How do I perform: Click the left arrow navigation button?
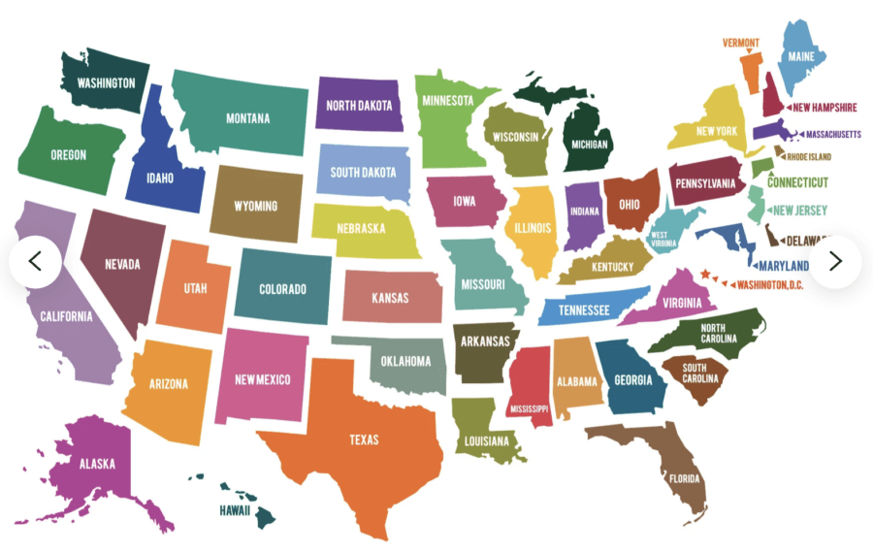(x=36, y=262)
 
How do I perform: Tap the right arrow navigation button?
(x=835, y=262)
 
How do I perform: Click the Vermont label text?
(x=741, y=43)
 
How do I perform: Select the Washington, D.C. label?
(x=770, y=284)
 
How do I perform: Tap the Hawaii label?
(x=234, y=510)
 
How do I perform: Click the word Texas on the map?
(x=364, y=440)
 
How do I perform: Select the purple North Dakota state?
(x=359, y=105)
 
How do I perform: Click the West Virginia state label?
(x=664, y=240)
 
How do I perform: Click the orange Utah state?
(x=194, y=288)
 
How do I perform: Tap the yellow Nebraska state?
(x=362, y=230)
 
